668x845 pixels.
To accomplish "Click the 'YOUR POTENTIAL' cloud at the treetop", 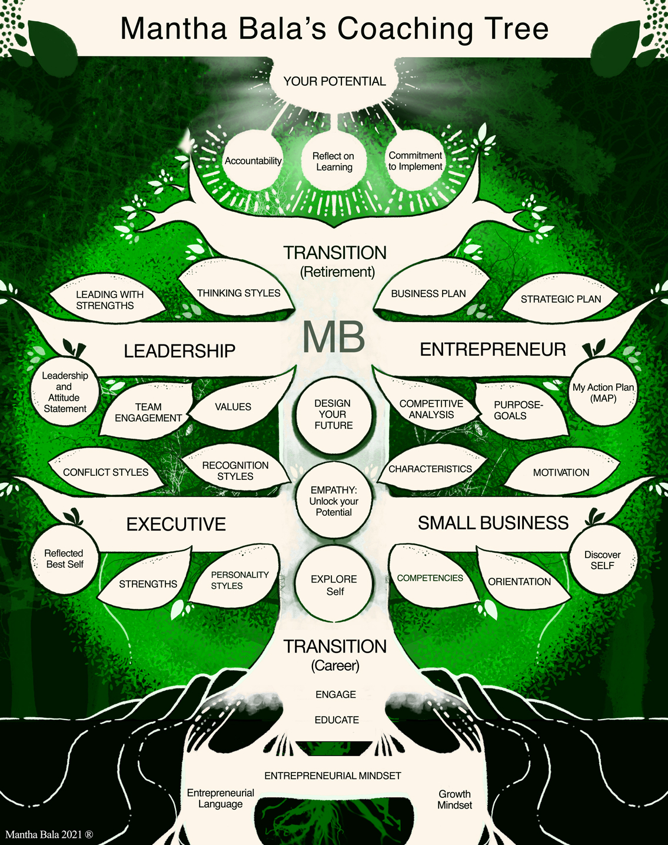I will click(334, 81).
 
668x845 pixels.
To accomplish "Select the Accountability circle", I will click(253, 161).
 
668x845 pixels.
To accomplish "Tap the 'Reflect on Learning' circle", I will click(334, 161).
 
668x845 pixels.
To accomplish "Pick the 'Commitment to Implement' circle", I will click(416, 161).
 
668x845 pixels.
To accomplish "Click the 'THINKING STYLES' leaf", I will click(238, 293).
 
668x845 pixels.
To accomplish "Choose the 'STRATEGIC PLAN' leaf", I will click(560, 299).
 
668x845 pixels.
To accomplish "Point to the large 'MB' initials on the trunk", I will click(334, 337).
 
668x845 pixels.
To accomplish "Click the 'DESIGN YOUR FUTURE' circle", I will click(333, 414).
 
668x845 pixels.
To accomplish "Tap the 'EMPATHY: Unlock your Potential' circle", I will click(334, 501).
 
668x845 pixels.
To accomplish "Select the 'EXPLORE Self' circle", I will click(334, 585).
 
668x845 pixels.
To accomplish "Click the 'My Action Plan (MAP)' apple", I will click(603, 393).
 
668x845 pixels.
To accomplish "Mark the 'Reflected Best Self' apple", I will click(64, 558).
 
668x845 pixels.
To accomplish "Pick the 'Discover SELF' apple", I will click(602, 560).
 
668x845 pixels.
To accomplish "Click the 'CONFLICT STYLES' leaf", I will click(106, 472).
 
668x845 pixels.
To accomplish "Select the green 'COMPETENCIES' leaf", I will click(430, 578).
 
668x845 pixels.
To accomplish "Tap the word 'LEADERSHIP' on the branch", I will click(180, 351).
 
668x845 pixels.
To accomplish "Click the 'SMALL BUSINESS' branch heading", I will click(493, 523).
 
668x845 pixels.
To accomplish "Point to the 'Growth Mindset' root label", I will click(454, 799).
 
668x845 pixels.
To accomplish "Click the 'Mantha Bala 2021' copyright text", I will click(49, 834).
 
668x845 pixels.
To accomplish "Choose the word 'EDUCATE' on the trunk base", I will click(337, 720).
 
